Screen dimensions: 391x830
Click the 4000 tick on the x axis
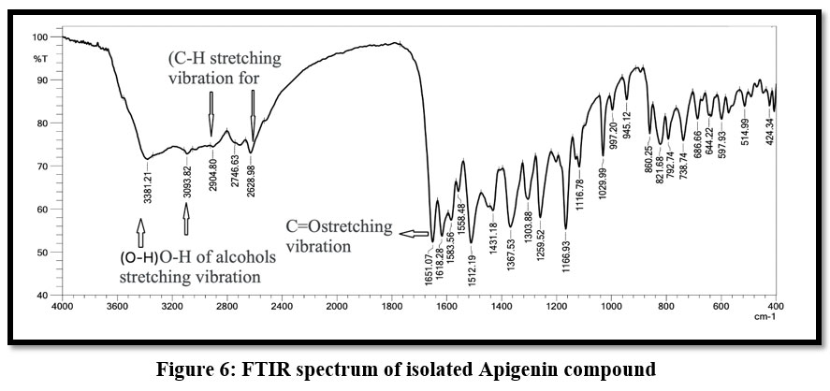62,306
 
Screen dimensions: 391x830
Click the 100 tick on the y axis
40,37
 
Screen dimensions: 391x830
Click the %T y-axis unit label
40,59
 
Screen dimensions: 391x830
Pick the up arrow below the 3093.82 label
186,220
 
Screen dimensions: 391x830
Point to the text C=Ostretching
329,227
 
